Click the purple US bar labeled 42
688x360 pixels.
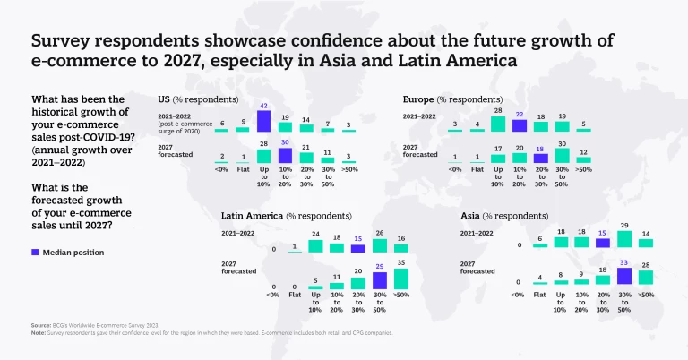click(263, 121)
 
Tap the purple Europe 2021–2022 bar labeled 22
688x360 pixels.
click(519, 128)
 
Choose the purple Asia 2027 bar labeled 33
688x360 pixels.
click(625, 279)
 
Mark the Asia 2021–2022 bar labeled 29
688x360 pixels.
click(625, 237)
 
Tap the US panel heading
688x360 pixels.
click(197, 99)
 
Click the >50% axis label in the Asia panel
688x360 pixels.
click(647, 294)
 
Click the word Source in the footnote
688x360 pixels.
click(41, 326)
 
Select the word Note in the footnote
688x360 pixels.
click(39, 333)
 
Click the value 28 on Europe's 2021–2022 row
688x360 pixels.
click(497, 110)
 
